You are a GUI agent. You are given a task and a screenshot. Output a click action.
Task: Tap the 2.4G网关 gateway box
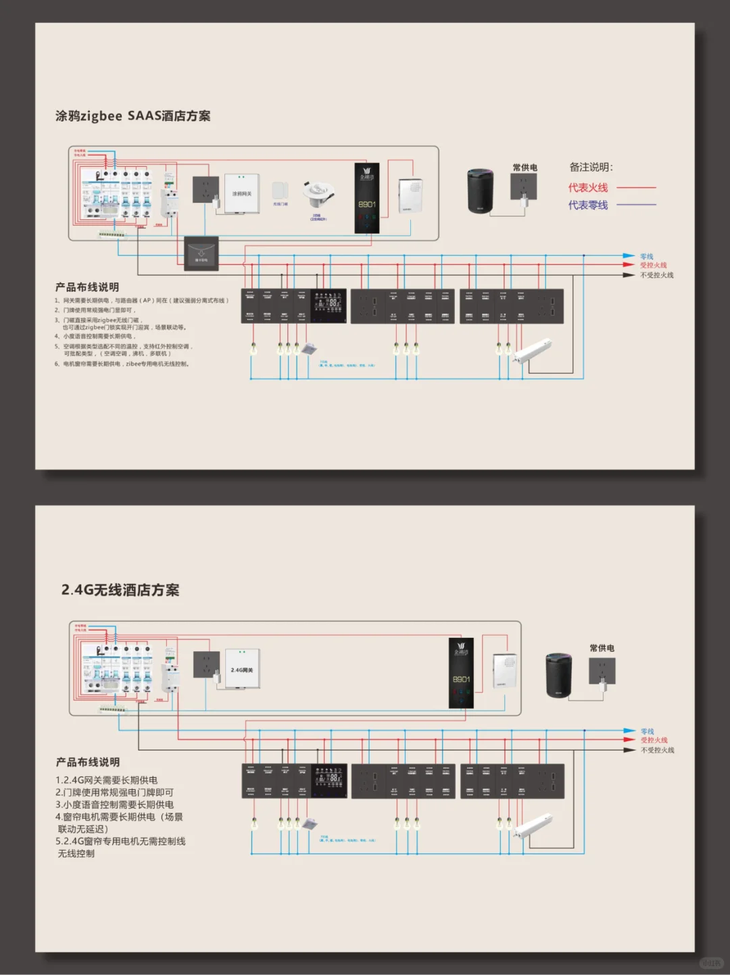tap(242, 669)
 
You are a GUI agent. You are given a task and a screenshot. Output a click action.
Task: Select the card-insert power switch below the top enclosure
tap(201, 254)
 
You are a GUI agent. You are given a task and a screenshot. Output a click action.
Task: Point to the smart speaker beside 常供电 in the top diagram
tap(481, 191)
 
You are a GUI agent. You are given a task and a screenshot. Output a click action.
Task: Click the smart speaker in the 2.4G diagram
tap(559, 675)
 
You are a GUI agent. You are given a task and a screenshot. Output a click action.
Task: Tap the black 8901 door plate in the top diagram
tap(367, 198)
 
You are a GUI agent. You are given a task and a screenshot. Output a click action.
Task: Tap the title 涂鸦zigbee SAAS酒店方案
tap(133, 116)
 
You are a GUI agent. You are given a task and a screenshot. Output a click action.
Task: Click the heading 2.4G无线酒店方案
tap(120, 590)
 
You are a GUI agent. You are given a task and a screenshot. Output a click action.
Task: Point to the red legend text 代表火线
tap(587, 188)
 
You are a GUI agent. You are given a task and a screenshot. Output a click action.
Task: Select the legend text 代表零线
tap(587, 205)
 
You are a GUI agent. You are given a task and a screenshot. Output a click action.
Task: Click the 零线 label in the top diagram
tap(647, 257)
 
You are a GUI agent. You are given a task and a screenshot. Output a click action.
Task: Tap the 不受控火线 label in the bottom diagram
tap(657, 750)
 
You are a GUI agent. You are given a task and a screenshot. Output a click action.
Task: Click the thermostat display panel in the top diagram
tap(328, 305)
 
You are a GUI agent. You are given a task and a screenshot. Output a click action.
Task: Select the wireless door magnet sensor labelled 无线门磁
tap(280, 190)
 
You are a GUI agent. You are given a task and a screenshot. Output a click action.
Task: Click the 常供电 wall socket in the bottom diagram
tap(602, 671)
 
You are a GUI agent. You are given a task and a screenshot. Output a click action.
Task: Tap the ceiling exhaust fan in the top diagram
tap(309, 349)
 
